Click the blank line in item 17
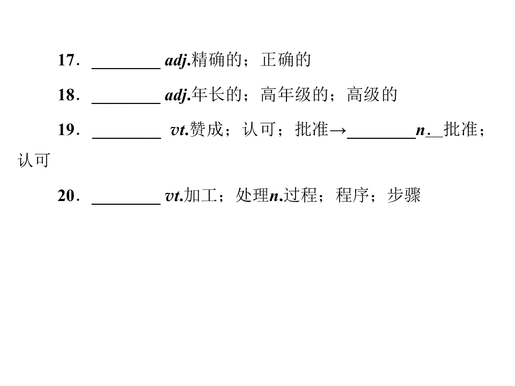[x=126, y=69]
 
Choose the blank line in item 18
[x=126, y=103]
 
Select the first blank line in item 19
[x=127, y=138]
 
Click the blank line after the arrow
[x=381, y=138]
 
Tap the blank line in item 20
[x=126, y=204]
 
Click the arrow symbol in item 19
[x=337, y=131]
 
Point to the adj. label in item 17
[x=178, y=61]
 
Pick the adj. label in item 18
[x=178, y=95]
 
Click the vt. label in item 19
[x=180, y=130]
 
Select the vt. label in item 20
[x=174, y=196]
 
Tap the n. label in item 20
[x=276, y=197]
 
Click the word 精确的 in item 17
[x=217, y=60]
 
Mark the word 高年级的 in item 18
[x=295, y=95]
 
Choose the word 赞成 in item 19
[x=206, y=129]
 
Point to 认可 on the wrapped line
[x=34, y=160]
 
